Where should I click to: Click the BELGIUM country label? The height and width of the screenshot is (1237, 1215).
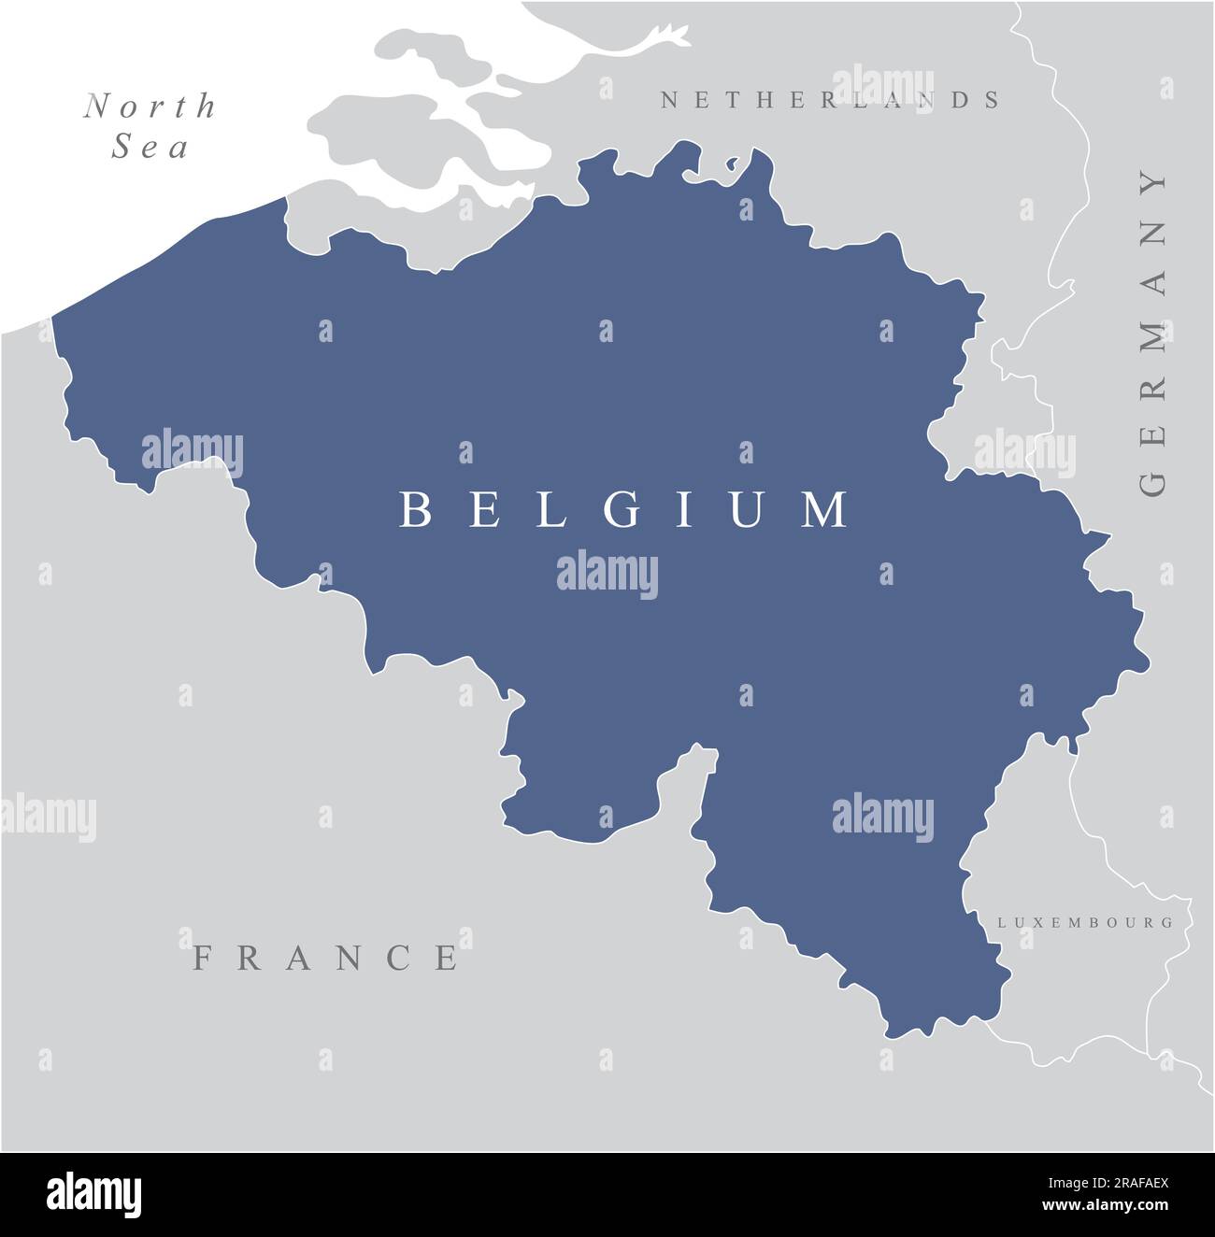[x=624, y=510]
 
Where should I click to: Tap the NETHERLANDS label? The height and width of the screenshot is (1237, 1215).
[x=831, y=100]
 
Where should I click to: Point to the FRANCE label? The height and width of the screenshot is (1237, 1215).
[x=326, y=958]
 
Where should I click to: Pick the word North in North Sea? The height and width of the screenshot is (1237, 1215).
[x=150, y=107]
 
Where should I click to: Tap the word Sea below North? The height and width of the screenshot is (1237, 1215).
[x=150, y=147]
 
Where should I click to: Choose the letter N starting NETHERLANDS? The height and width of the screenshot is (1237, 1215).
[x=669, y=100]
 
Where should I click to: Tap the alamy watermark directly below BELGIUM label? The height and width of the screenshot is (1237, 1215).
[x=607, y=574]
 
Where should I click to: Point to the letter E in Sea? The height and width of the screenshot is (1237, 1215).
[x=150, y=148]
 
